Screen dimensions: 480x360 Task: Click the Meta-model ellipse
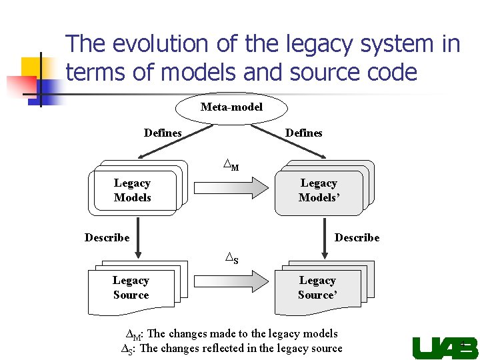coord(231,107)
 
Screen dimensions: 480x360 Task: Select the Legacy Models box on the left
coord(133,190)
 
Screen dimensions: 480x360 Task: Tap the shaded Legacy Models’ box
coord(319,190)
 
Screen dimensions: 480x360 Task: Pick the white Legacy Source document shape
coord(131,288)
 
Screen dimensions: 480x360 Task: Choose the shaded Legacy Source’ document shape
coord(317,288)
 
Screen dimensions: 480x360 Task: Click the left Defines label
coord(163,133)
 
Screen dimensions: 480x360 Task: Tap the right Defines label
coord(303,133)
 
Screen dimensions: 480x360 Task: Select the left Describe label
coord(107,237)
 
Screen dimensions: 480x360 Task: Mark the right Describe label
coord(357,237)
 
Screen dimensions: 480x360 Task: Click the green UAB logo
coord(445,348)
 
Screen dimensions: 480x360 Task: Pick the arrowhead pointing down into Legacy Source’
coord(324,253)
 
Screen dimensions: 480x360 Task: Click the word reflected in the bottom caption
coord(225,348)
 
